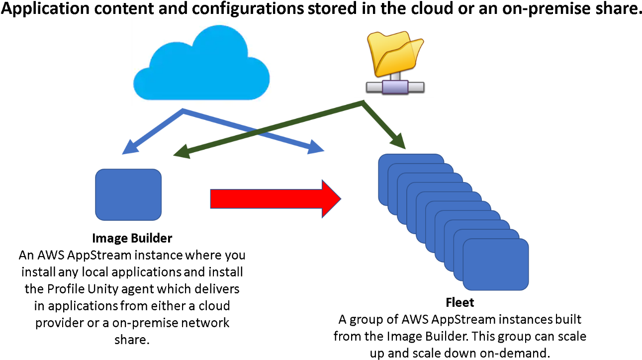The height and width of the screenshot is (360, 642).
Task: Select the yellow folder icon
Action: click(395, 52)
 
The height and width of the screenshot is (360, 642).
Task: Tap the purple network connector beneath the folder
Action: click(395, 87)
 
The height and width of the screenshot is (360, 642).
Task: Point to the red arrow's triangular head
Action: click(330, 198)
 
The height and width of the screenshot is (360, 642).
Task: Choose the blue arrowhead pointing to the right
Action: click(316, 147)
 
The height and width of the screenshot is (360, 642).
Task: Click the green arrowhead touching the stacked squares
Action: click(399, 141)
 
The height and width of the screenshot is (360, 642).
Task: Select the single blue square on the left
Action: click(128, 194)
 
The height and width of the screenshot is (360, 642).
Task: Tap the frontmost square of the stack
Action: click(495, 264)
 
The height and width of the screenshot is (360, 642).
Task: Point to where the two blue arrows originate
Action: click(183, 111)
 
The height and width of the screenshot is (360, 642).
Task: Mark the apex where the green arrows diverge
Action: click(363, 103)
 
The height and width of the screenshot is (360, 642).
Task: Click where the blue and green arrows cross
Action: click(258, 130)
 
